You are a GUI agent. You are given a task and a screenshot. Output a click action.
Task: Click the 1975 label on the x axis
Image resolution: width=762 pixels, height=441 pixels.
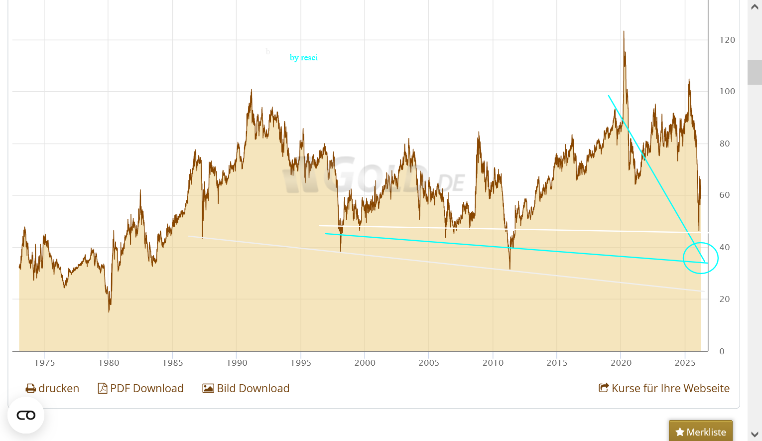pyautogui.click(x=44, y=363)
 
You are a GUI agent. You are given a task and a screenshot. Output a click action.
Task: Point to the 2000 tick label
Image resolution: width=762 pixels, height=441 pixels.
pyautogui.click(x=365, y=363)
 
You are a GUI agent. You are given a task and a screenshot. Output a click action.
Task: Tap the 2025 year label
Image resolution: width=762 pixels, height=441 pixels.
pyautogui.click(x=685, y=363)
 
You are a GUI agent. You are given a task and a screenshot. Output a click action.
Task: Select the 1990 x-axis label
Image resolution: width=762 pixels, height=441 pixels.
pyautogui.click(x=237, y=363)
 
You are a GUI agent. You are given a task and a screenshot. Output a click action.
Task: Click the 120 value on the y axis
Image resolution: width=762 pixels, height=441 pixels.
pyautogui.click(x=727, y=40)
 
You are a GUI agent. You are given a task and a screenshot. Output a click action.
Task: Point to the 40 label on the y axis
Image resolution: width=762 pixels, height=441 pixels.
pyautogui.click(x=725, y=247)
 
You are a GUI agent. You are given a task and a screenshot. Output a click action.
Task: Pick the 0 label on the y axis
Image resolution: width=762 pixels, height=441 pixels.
pyautogui.click(x=722, y=351)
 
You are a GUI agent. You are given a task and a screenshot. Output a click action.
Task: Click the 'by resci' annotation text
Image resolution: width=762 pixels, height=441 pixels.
pyautogui.click(x=304, y=57)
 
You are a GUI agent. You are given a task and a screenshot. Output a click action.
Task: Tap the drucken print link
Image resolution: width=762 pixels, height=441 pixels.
pyautogui.click(x=52, y=388)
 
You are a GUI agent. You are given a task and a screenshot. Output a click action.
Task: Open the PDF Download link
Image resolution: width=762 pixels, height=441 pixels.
pyautogui.click(x=141, y=388)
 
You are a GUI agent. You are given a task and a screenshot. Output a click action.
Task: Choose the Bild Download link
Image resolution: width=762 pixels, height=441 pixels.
pyautogui.click(x=246, y=388)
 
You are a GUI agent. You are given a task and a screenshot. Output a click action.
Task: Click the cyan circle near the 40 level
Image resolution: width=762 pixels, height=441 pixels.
pyautogui.click(x=700, y=258)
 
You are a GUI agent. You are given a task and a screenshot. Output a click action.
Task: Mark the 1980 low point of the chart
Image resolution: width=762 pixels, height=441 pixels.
pyautogui.click(x=109, y=311)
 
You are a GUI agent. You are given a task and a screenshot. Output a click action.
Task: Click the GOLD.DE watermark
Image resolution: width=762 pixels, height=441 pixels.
pyautogui.click(x=374, y=177)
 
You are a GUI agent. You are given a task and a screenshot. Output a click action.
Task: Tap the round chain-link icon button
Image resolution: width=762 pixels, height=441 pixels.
pyautogui.click(x=26, y=415)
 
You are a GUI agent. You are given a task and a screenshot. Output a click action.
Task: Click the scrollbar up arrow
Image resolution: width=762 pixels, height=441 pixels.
pyautogui.click(x=755, y=7)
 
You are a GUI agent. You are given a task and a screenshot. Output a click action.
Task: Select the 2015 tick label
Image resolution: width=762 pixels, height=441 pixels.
pyautogui.click(x=557, y=363)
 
